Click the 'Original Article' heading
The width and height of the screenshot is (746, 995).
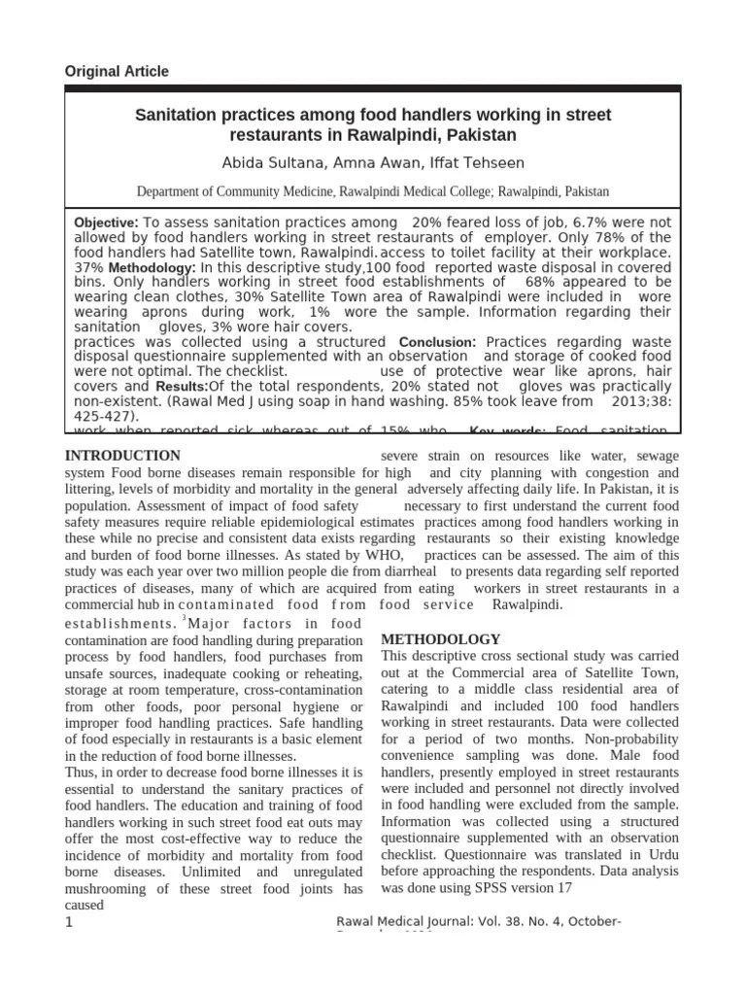point(116,71)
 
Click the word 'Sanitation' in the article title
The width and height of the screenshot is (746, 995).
point(178,116)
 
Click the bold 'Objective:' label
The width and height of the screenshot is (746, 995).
point(107,223)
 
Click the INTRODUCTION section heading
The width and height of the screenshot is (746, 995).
point(122,456)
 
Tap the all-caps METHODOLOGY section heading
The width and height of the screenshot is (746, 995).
point(441,639)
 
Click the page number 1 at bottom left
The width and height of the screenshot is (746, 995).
point(69,922)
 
